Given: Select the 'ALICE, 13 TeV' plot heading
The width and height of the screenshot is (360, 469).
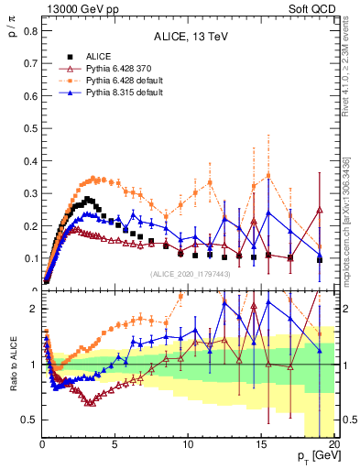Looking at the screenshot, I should [190, 37].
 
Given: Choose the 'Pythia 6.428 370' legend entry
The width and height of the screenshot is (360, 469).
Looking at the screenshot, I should [122, 69].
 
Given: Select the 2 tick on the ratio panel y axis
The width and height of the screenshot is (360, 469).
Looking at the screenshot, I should [33, 309].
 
